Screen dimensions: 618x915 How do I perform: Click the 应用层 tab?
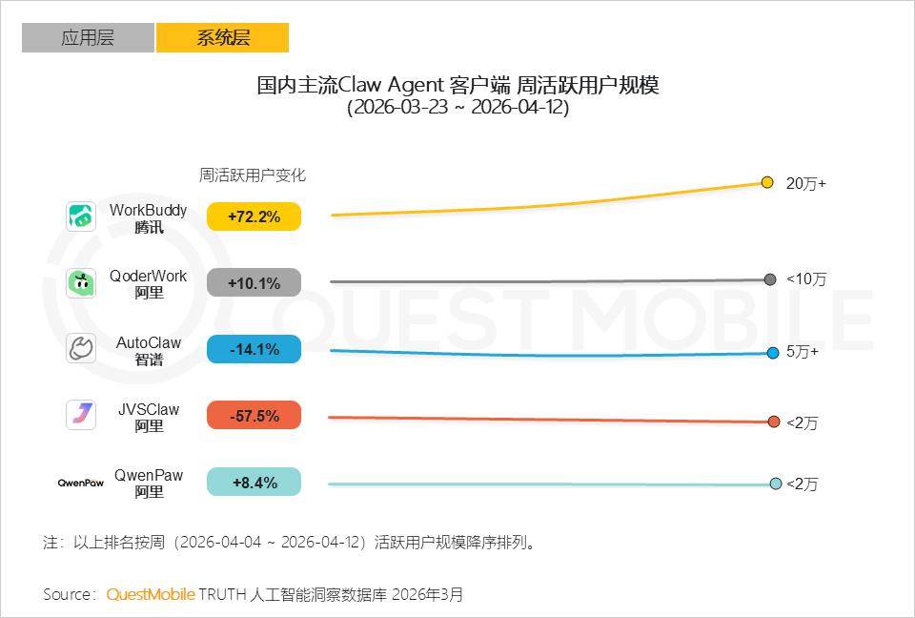[88, 38]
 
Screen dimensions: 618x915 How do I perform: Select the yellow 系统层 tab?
[222, 38]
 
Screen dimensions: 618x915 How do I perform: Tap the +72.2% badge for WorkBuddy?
[254, 217]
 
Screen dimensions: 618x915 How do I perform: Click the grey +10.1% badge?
[254, 283]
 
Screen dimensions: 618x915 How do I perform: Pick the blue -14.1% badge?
[254, 350]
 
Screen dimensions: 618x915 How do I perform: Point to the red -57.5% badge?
[254, 416]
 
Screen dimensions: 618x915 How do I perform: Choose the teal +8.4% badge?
[254, 483]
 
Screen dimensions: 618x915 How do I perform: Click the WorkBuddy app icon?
[81, 216]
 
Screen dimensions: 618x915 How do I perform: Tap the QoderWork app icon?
[81, 283]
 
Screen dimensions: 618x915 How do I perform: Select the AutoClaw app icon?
[81, 349]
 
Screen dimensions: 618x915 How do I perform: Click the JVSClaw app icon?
[81, 415]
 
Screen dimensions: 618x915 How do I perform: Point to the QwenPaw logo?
[81, 483]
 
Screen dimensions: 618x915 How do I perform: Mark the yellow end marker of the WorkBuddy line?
[767, 182]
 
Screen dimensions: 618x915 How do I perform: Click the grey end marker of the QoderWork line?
[770, 279]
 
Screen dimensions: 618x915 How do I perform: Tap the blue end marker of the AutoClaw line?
[773, 353]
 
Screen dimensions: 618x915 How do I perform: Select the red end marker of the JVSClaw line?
[774, 422]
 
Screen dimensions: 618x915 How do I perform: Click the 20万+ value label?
[805, 183]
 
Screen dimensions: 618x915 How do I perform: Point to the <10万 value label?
[805, 279]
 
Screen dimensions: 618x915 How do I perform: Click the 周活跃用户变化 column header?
[253, 175]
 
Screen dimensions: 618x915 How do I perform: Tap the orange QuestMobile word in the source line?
[151, 594]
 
